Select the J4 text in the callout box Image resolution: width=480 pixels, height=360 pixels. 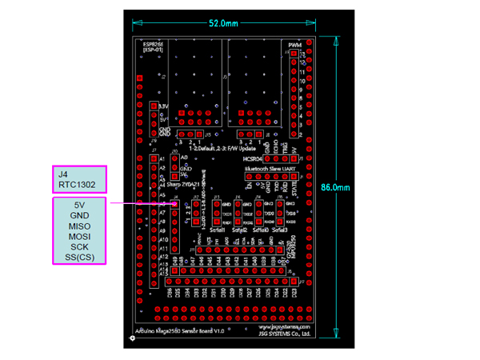point(63,174)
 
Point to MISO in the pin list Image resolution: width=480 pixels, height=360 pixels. point(80,226)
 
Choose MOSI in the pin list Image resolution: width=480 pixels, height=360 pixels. point(80,237)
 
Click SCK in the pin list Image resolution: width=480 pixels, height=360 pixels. point(80,247)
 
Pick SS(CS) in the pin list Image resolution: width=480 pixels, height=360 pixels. point(80,258)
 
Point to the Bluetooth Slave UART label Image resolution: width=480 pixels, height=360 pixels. point(270,170)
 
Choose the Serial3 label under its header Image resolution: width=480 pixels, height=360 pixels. point(279,229)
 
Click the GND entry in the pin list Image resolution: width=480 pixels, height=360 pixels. point(80,216)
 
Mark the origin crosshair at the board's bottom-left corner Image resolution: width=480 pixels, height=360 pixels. point(134,338)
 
